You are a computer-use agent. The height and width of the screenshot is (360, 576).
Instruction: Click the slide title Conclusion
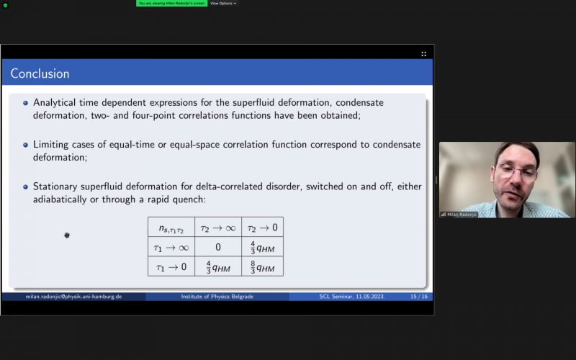pos(40,73)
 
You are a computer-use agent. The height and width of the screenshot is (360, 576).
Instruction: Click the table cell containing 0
pos(218,247)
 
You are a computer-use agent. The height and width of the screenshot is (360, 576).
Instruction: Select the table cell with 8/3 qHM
pos(262,266)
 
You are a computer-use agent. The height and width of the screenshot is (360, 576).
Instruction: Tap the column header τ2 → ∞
pos(218,228)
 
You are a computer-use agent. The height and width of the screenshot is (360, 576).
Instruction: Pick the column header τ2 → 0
pos(262,228)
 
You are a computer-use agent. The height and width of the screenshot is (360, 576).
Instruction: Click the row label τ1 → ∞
pos(171,248)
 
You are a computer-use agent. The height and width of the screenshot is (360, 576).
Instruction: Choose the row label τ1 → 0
pos(171,267)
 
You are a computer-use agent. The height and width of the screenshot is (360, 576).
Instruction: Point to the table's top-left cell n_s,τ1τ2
pos(171,228)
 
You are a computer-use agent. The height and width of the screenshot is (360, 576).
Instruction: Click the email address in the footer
pos(73,297)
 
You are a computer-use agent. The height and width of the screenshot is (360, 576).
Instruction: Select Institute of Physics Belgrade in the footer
pos(217,297)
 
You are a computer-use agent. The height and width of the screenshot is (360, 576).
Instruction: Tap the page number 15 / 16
pos(419,297)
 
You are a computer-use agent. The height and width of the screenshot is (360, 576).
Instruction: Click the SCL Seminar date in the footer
pos(352,297)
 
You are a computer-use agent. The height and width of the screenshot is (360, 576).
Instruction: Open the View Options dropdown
pos(223,4)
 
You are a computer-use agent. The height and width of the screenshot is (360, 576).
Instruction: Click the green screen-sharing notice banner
pos(171,4)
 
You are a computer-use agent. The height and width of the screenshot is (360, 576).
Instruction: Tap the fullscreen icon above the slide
pos(423,54)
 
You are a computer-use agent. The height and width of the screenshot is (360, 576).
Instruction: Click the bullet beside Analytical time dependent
pos(25,103)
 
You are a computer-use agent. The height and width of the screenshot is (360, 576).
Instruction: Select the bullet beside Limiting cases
pos(25,145)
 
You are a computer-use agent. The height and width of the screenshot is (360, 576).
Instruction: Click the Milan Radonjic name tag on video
pos(459,215)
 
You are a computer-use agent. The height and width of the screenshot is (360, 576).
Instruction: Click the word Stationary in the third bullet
pos(55,186)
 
